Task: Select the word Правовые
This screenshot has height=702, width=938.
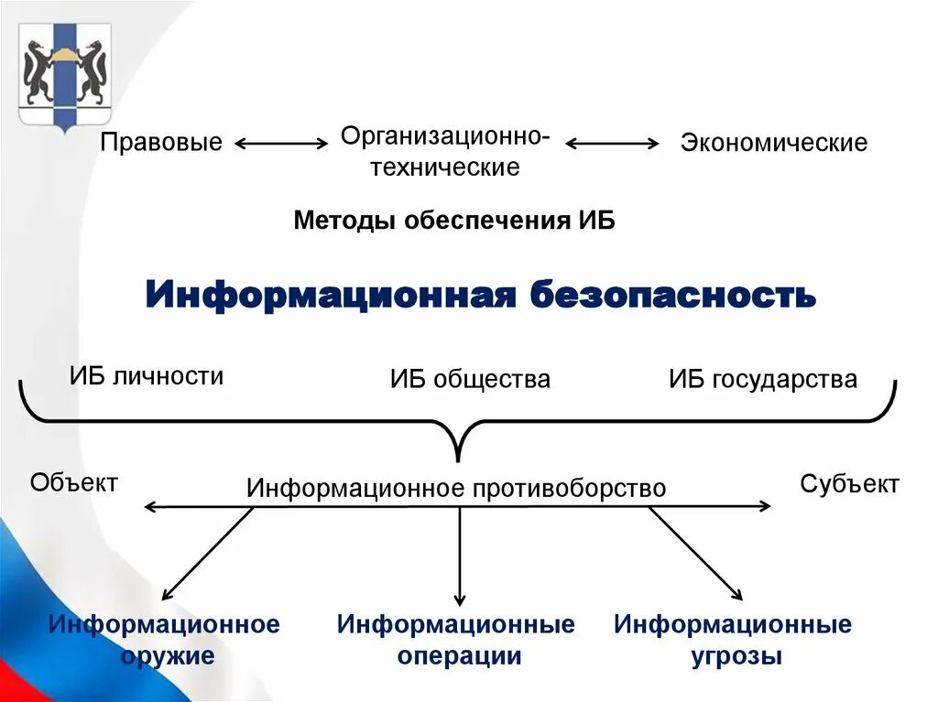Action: point(161,143)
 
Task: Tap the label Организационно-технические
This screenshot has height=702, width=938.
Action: point(445,152)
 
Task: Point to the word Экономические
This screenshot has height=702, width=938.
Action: point(773,143)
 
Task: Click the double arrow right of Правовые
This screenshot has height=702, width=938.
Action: point(281,143)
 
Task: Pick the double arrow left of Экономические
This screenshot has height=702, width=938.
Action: point(612,143)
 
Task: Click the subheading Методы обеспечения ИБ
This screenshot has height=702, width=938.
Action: point(454,221)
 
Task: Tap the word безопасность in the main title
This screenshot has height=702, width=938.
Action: point(671,295)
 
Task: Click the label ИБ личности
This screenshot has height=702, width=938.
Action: point(147,376)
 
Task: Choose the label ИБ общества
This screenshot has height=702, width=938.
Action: point(470,379)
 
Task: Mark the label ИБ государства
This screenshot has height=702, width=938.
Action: point(763,379)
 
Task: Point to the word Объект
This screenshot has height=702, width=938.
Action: point(74,482)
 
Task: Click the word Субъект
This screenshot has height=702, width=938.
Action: point(849,483)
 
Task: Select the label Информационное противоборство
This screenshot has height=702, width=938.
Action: point(456,489)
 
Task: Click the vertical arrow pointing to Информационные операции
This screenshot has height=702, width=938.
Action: point(460,554)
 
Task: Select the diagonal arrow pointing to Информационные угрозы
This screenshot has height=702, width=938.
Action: point(696,554)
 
